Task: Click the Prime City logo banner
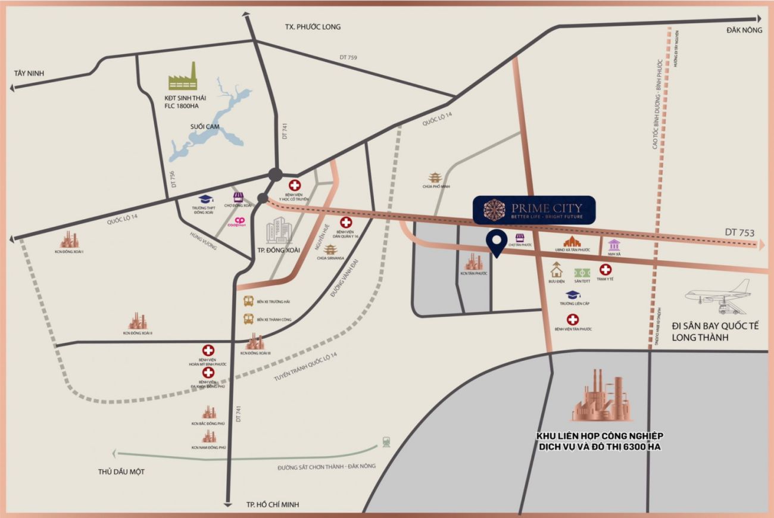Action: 533,210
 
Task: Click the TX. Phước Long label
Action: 313,27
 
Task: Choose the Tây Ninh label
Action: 30,73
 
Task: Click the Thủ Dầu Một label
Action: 121,472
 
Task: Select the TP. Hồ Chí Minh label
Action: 273,505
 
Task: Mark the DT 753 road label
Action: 739,232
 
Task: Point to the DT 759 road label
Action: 348,57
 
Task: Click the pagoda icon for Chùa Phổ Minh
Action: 435,177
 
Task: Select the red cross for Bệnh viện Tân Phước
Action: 573,319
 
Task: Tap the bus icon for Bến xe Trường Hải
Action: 248,302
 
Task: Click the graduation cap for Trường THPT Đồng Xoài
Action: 205,199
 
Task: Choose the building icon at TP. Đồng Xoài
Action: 278,231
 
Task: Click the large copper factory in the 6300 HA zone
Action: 602,395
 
